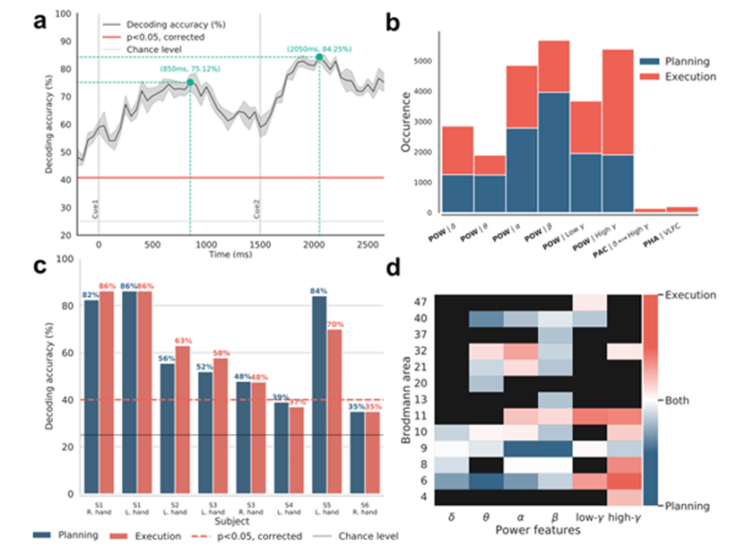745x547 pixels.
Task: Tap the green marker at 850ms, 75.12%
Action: [x=190, y=82]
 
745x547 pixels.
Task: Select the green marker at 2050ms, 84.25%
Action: [x=319, y=57]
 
